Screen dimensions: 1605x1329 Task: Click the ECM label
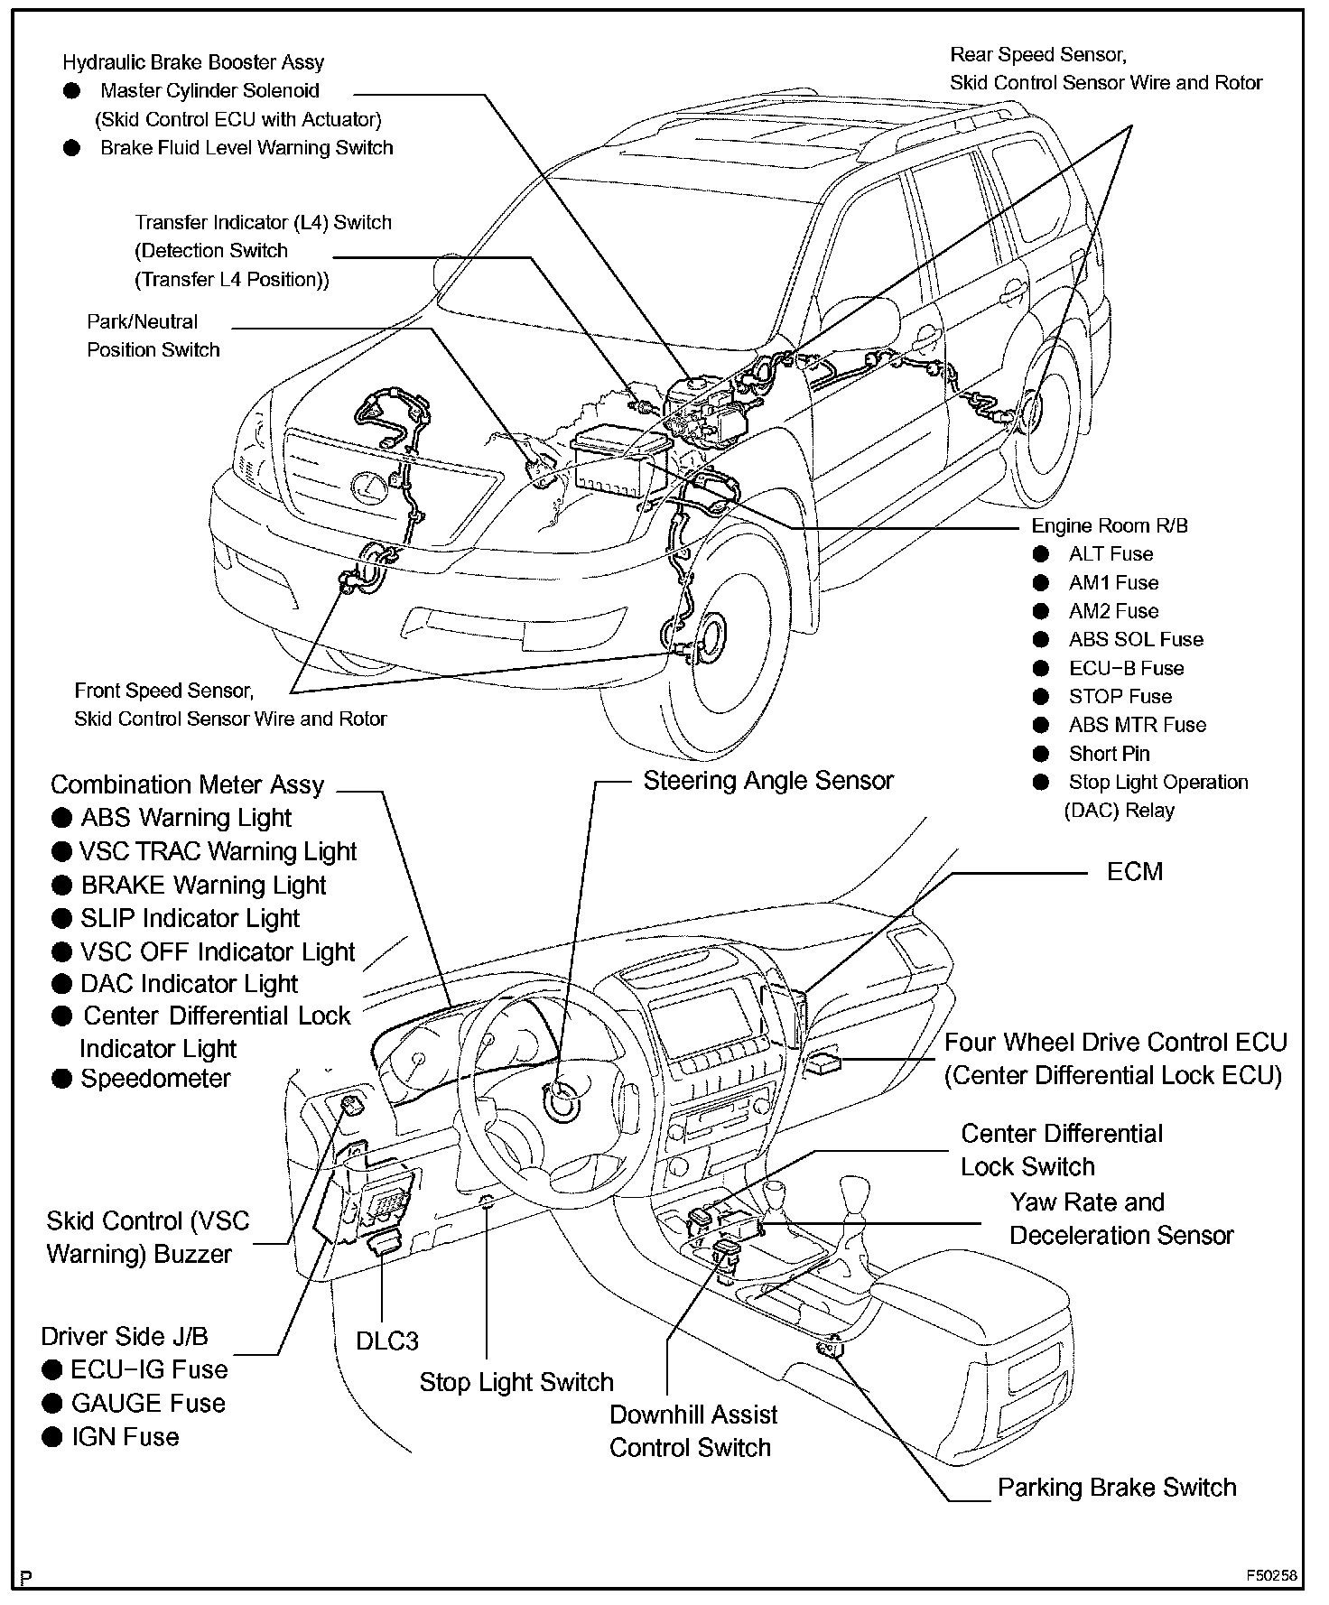click(x=1134, y=872)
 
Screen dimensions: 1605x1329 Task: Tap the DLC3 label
click(x=386, y=1341)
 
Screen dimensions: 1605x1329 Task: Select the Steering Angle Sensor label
click(x=767, y=781)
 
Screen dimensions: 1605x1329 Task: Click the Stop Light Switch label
click(x=516, y=1382)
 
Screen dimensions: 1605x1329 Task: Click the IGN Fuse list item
click(x=125, y=1437)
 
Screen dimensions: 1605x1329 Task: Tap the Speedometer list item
click(x=155, y=1079)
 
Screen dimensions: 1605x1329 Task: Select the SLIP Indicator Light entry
click(x=190, y=919)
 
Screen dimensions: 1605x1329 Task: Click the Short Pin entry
click(x=1109, y=754)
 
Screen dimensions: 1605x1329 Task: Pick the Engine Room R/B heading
click(x=1110, y=525)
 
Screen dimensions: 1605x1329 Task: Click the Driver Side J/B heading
click(x=125, y=1336)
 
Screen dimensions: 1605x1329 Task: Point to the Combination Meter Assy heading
click(x=187, y=785)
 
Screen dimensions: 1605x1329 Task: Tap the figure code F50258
click(x=1271, y=1576)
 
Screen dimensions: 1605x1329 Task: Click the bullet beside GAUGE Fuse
click(x=52, y=1404)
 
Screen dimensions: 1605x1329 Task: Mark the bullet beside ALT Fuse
click(x=1042, y=554)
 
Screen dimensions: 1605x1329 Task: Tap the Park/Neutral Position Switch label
click(x=153, y=336)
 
